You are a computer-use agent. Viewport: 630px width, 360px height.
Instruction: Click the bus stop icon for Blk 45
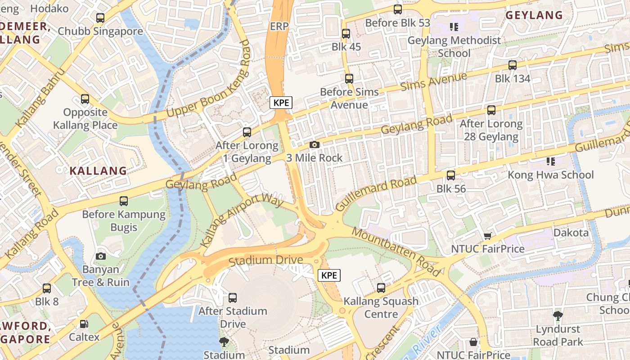pyautogui.click(x=346, y=34)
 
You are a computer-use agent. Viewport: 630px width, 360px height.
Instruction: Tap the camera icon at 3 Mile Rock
pyautogui.click(x=315, y=145)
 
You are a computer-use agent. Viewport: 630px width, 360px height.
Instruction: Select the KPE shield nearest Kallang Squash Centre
pyautogui.click(x=329, y=275)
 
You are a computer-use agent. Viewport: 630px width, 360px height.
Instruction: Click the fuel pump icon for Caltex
pyautogui.click(x=84, y=324)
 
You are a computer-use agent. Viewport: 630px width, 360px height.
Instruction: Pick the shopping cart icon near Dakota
pyautogui.click(x=487, y=236)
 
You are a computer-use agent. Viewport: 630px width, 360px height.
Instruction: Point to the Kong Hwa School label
pyautogui.click(x=551, y=175)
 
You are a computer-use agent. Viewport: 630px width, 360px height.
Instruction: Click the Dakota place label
pyautogui.click(x=571, y=233)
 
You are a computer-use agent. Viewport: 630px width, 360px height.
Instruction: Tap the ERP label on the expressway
pyautogui.click(x=279, y=27)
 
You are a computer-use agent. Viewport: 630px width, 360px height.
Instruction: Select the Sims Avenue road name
pyautogui.click(x=433, y=81)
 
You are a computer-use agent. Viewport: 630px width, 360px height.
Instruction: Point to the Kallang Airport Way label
pyautogui.click(x=242, y=220)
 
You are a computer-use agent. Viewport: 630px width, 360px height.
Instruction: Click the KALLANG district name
pyautogui.click(x=98, y=171)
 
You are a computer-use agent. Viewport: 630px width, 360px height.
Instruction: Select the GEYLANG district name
pyautogui.click(x=534, y=15)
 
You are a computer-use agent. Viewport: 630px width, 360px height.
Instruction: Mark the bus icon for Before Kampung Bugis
pyautogui.click(x=124, y=201)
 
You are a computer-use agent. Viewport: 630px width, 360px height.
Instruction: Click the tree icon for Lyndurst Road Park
pyautogui.click(x=558, y=316)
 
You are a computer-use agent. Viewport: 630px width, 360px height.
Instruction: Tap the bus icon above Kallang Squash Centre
pyautogui.click(x=381, y=288)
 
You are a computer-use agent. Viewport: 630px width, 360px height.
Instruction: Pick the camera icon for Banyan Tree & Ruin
pyautogui.click(x=101, y=256)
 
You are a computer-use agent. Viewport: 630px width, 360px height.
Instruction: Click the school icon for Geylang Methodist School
pyautogui.click(x=454, y=27)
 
